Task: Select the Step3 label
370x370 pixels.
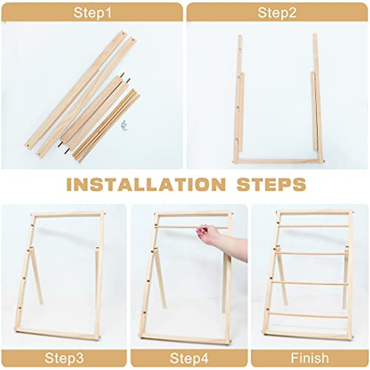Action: [x=64, y=358]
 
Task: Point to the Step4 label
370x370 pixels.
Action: [x=189, y=358]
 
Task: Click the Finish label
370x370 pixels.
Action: [x=310, y=358]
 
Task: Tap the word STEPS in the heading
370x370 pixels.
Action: [x=271, y=184]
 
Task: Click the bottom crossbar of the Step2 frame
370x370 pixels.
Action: [x=277, y=161]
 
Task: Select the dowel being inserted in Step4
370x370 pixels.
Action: [x=176, y=227]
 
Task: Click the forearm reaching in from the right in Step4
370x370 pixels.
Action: [x=234, y=245]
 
